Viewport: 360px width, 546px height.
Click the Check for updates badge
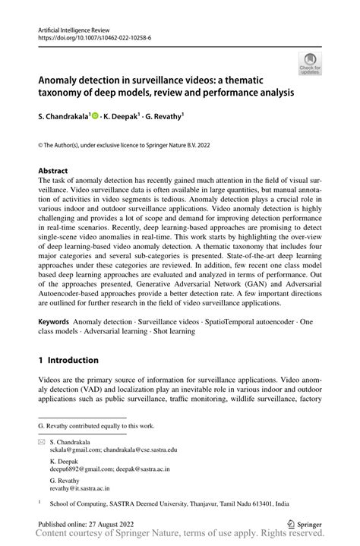pos(310,65)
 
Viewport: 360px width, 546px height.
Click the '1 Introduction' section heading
pos(68,359)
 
